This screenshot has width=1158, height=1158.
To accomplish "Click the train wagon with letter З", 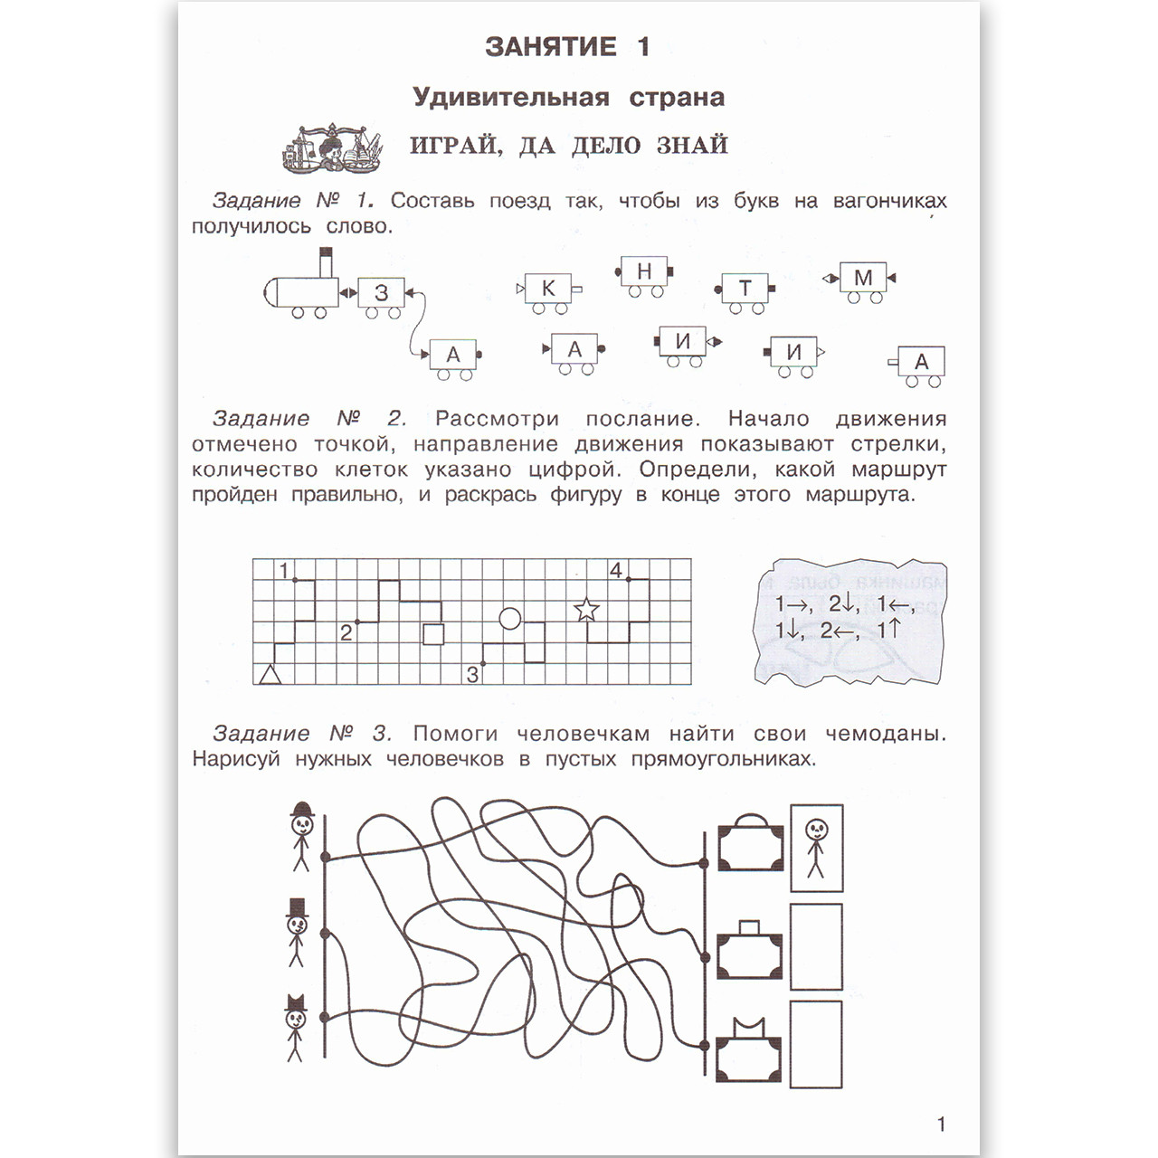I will (x=381, y=293).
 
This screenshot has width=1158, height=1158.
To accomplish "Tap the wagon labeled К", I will (x=548, y=289).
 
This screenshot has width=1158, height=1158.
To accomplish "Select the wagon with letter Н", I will (x=644, y=271).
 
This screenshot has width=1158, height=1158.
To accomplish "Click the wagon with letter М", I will (x=862, y=279).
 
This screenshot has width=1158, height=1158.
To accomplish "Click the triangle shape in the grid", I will (x=271, y=674).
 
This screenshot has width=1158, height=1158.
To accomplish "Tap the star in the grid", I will (x=587, y=610).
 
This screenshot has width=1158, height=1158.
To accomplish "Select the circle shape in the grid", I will (x=510, y=619).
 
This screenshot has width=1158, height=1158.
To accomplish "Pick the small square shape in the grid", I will (x=433, y=634).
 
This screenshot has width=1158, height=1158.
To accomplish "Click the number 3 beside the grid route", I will (x=472, y=675).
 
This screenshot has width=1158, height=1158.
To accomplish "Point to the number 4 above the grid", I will (x=616, y=571).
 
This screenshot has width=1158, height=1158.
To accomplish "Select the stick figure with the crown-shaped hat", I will (x=295, y=1027).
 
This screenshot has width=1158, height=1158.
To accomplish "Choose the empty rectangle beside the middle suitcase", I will (x=816, y=947).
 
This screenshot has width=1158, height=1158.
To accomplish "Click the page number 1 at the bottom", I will (x=941, y=1125).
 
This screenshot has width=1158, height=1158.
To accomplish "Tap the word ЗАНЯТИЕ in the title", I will (x=551, y=47).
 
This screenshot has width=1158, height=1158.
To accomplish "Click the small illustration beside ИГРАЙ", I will (x=331, y=147).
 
